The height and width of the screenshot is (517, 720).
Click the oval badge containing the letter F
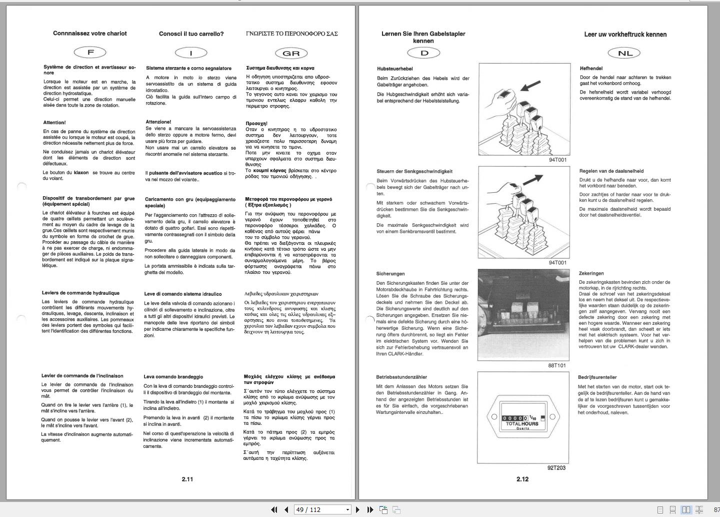[x=90, y=52]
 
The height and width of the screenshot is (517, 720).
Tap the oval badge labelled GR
[x=291, y=53]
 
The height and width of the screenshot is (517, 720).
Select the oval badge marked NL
[x=624, y=53]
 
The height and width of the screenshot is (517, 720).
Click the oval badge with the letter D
[x=423, y=53]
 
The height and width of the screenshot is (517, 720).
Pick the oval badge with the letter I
[x=190, y=53]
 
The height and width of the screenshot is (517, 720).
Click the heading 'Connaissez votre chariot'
[x=90, y=34]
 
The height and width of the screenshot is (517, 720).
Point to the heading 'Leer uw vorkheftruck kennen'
[x=625, y=35]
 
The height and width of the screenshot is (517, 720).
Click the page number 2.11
[x=187, y=479]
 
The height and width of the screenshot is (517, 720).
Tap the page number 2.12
[x=522, y=479]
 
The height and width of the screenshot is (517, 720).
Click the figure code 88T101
[x=557, y=365]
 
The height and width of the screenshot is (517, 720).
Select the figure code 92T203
[x=556, y=468]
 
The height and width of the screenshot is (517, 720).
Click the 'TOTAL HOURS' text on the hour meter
[x=522, y=424]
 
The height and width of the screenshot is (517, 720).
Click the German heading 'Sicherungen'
[x=390, y=274]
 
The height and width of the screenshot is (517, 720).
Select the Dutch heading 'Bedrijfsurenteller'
[x=597, y=377]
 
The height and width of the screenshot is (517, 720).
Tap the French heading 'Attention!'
[x=54, y=123]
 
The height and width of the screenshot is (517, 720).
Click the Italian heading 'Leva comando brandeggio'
[x=173, y=377]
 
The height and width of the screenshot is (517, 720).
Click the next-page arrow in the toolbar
[x=357, y=509]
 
